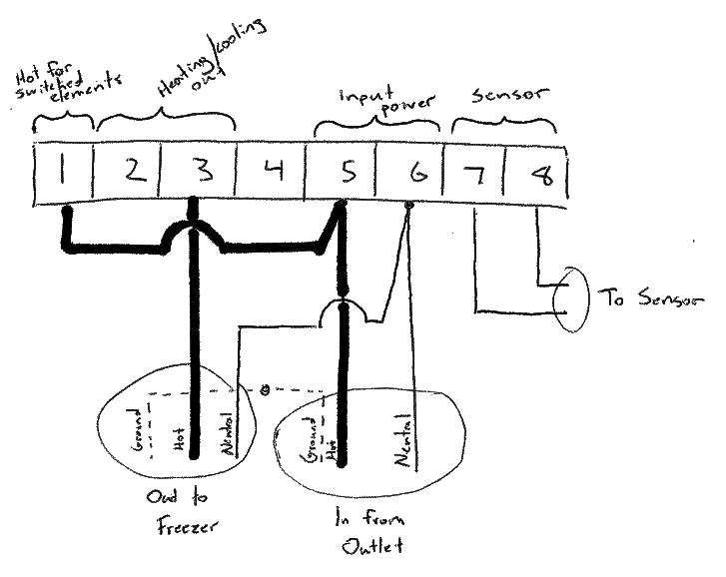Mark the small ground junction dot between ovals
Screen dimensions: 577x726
(x=265, y=389)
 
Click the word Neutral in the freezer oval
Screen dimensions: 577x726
(x=227, y=434)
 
